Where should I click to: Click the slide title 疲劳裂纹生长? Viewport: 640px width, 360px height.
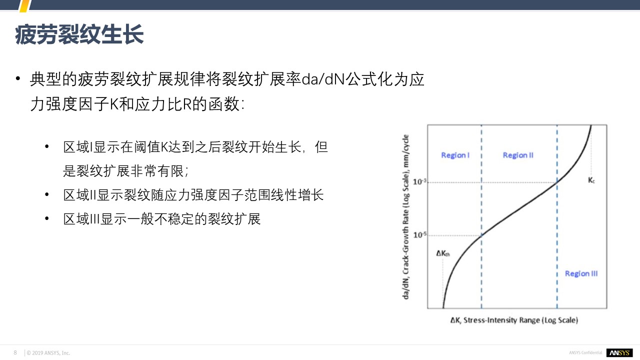pos(79,34)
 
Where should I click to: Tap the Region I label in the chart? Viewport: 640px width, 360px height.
pos(455,155)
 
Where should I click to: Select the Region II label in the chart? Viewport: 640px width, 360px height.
pos(518,155)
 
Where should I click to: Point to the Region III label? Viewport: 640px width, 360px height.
pos(581,273)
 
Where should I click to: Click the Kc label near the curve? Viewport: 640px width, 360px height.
pos(591,180)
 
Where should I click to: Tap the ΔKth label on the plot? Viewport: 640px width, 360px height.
pos(443,253)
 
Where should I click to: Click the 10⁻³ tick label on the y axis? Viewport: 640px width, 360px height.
pos(419,181)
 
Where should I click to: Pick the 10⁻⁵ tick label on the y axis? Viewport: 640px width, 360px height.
pos(419,235)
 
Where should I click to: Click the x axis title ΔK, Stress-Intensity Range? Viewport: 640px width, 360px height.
pos(514,320)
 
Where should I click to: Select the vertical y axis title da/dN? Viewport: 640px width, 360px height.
pos(405,217)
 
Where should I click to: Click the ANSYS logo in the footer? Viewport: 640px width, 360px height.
pos(619,353)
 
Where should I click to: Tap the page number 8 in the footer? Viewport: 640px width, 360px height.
pos(15,352)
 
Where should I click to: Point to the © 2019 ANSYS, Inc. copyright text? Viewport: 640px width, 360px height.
pos(48,353)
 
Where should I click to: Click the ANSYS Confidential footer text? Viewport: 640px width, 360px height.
pos(585,353)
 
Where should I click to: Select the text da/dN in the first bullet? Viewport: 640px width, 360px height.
pos(323,79)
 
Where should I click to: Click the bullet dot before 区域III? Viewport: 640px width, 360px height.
pos(47,219)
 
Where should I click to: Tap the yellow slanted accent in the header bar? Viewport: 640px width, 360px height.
pos(25,5)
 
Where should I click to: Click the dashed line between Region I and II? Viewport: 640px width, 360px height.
pos(481,216)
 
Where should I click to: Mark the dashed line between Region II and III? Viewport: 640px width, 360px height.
pos(557,216)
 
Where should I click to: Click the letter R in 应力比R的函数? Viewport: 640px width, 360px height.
pos(187,104)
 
